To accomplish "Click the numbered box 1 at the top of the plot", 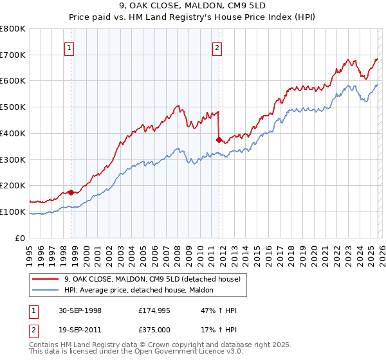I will tap(69, 47).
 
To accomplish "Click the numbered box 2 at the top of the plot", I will tap(217, 47).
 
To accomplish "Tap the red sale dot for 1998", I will tap(71, 192).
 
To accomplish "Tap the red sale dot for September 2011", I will tap(219, 139).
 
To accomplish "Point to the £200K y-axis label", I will tap(13, 186).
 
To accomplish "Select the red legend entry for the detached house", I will tap(152, 279).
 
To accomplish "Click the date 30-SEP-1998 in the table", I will tap(78, 310).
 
